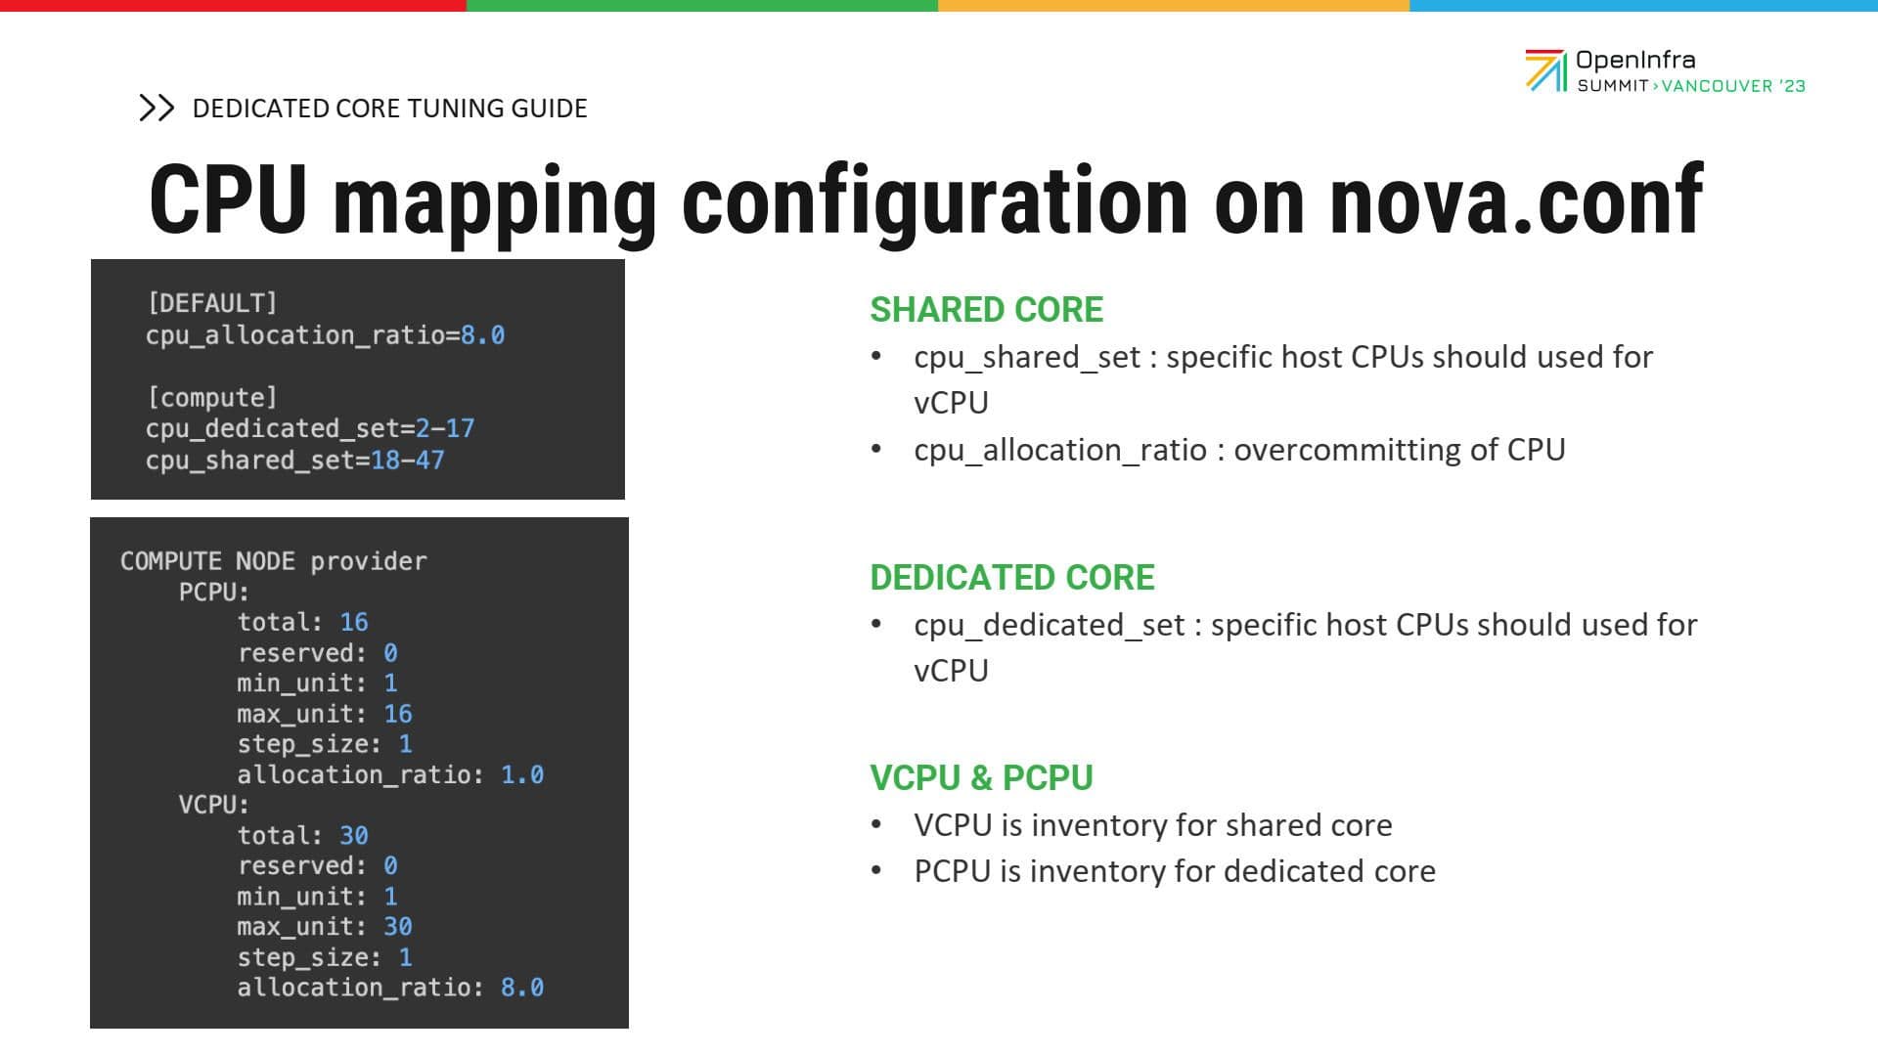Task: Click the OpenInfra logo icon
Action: click(x=1546, y=70)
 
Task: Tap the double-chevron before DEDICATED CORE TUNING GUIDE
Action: click(x=156, y=108)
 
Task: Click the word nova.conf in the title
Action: click(x=1516, y=201)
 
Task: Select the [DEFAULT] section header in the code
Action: click(x=212, y=303)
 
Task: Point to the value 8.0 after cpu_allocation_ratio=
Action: click(x=483, y=335)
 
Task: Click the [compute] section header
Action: click(x=212, y=398)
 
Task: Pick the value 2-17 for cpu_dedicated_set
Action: click(x=445, y=428)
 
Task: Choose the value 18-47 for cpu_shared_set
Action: click(x=408, y=460)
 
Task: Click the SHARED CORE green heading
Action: click(x=986, y=310)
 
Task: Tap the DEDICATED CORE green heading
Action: click(x=1012, y=578)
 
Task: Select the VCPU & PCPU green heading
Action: click(x=981, y=778)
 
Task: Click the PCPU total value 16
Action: click(x=354, y=622)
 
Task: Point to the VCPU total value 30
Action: click(x=354, y=835)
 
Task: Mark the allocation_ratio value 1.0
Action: click(x=522, y=775)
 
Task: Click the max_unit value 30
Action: click(x=397, y=927)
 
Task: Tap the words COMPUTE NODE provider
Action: click(x=274, y=562)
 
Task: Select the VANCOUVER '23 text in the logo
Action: click(x=1733, y=86)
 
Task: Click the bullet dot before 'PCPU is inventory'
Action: click(x=876, y=870)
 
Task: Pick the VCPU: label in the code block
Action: click(x=214, y=805)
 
